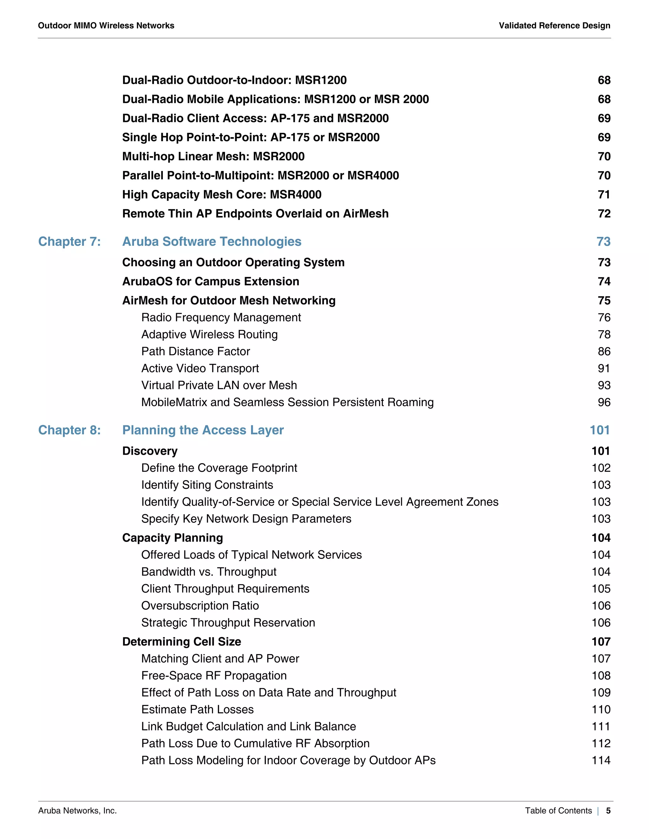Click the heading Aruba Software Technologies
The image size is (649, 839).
(x=211, y=242)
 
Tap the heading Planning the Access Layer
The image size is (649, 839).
(x=202, y=430)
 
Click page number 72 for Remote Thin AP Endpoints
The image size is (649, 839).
(x=604, y=214)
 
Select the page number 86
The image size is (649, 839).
(x=604, y=351)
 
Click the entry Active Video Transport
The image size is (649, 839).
(x=200, y=369)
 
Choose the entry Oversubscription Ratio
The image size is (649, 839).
(x=200, y=606)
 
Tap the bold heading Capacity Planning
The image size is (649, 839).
(x=172, y=538)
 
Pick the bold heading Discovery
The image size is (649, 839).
(x=150, y=451)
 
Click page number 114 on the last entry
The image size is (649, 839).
(x=601, y=760)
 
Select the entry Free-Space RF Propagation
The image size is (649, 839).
(x=214, y=675)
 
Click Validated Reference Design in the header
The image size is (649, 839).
(x=554, y=26)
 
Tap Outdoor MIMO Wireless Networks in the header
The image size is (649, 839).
(x=106, y=26)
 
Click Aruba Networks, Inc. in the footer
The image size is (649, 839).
(x=77, y=811)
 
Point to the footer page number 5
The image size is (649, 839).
(x=608, y=811)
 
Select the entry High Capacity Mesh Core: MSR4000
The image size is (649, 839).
(x=222, y=195)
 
